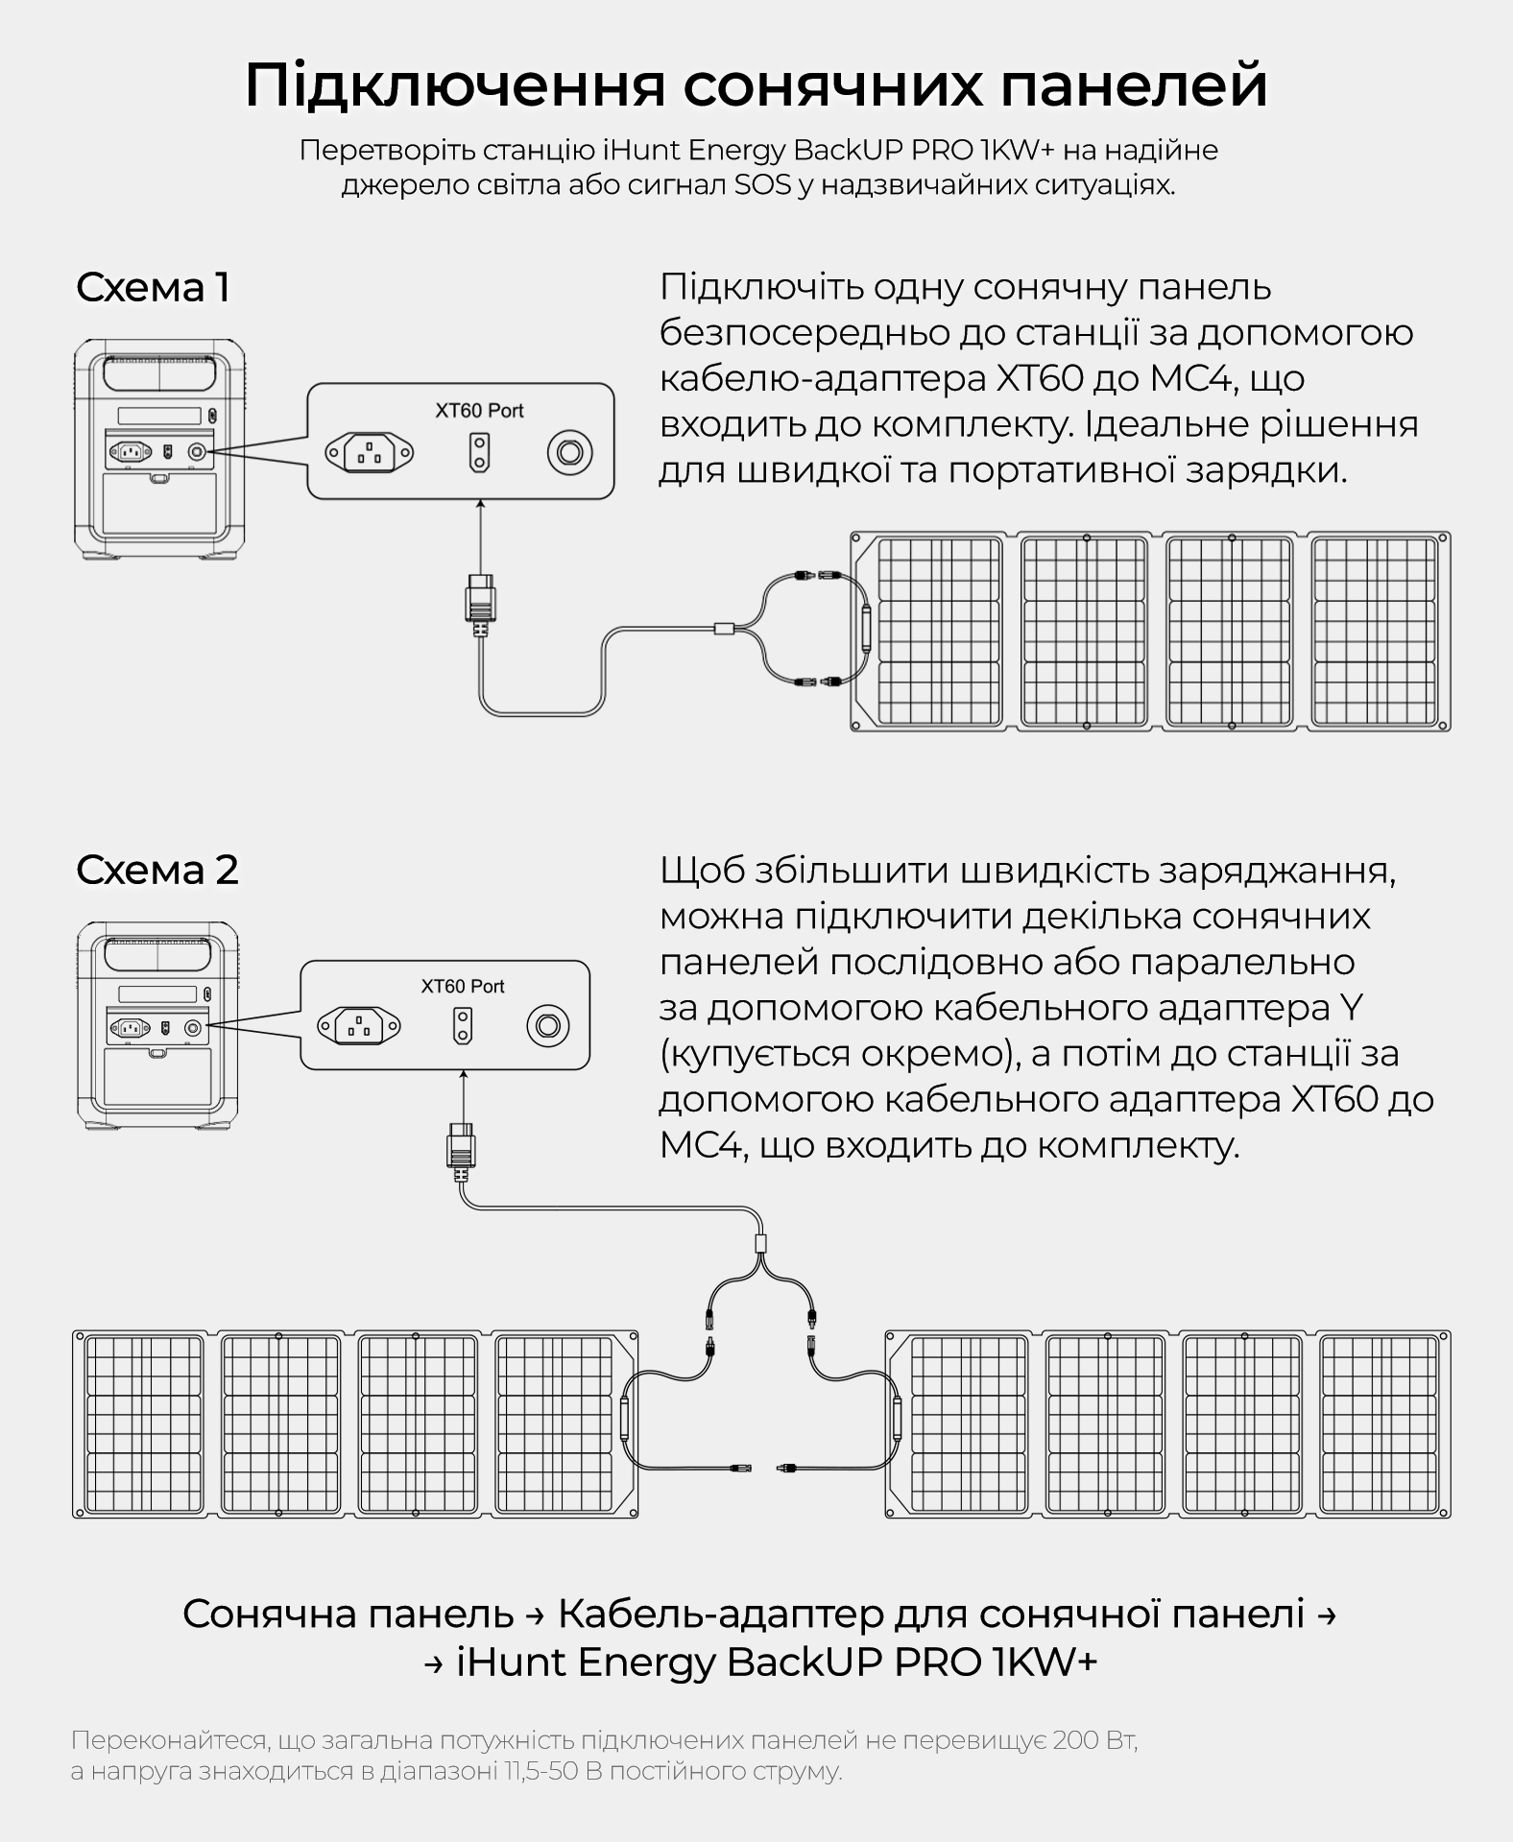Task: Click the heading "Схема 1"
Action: coord(153,288)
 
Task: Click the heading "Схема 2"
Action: coord(156,870)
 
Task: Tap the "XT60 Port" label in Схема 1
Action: coord(479,411)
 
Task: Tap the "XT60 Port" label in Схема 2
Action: coord(463,986)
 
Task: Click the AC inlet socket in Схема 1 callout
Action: coord(370,452)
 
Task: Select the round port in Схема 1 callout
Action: coord(569,452)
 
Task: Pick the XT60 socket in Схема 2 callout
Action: coord(463,1025)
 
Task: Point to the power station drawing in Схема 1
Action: coord(158,447)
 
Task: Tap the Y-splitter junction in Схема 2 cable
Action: coord(761,1244)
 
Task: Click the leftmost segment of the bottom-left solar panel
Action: coord(145,1423)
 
